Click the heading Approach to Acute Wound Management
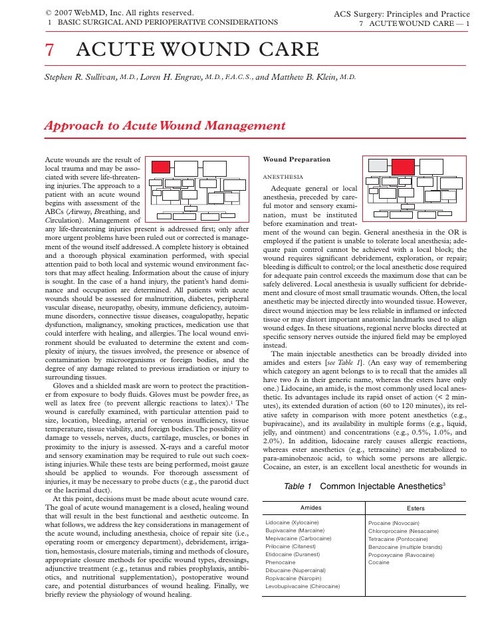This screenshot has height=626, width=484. (x=164, y=126)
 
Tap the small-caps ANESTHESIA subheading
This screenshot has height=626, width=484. (x=283, y=177)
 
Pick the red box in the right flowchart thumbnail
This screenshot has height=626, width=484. (x=403, y=167)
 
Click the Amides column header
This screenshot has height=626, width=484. (x=311, y=508)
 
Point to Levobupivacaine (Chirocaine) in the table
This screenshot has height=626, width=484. (x=302, y=587)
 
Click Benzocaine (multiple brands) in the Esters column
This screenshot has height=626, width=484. (x=405, y=547)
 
